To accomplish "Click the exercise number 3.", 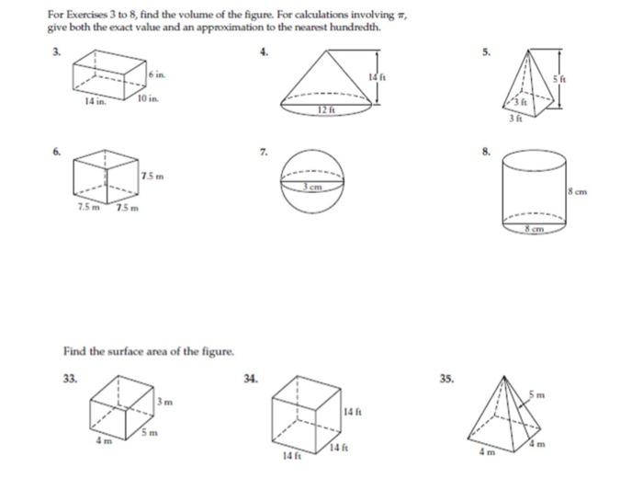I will (x=54, y=51).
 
